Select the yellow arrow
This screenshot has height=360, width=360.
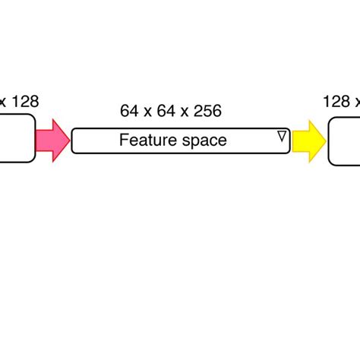(x=308, y=141)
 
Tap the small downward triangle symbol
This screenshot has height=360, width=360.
(x=282, y=136)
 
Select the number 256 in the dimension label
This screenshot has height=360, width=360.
(x=206, y=111)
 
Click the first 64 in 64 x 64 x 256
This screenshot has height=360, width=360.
(x=128, y=111)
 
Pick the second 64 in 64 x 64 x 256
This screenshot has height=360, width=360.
(x=162, y=111)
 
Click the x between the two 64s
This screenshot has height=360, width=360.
(x=145, y=112)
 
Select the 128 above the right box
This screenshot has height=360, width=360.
(x=336, y=101)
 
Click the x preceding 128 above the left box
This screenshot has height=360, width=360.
(x=3, y=102)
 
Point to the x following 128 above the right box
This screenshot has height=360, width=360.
(x=356, y=102)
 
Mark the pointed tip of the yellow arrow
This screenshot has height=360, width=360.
(x=324, y=141)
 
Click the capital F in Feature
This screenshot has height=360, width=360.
(x=124, y=141)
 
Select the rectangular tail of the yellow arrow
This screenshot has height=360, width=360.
(x=301, y=141)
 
